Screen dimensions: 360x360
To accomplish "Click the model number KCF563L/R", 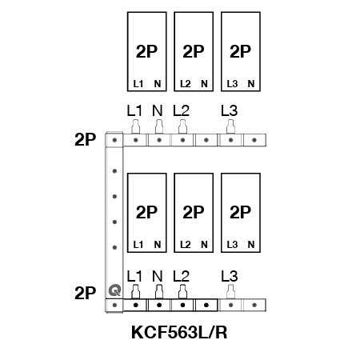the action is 179,332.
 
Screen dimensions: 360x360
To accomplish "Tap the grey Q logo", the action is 114,290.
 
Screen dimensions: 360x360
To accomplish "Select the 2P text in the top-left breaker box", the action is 146,51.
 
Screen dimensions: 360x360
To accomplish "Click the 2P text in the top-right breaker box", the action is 240,51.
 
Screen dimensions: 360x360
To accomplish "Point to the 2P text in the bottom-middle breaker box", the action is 194,212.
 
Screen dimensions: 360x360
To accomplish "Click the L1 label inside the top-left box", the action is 138,84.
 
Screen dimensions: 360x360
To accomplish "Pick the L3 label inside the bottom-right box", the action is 232,245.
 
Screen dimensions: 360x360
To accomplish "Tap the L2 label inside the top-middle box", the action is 186,84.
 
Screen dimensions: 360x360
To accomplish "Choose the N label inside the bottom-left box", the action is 158,245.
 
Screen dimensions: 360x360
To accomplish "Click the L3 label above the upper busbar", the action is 230,110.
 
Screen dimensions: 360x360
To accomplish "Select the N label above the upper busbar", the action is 158,110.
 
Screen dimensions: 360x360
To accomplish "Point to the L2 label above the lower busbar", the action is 181,276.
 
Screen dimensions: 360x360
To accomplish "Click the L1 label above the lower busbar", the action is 134,276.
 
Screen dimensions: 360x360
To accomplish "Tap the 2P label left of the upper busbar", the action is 85,139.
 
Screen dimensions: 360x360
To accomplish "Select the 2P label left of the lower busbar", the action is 85,293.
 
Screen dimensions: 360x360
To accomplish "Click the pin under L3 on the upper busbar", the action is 230,126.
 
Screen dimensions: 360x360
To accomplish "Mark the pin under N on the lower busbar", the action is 159,291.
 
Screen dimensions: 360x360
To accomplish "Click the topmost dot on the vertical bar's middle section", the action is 114,171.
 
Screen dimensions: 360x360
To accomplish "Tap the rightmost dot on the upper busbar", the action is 254,140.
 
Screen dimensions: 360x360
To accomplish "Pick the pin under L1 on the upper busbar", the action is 136,126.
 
